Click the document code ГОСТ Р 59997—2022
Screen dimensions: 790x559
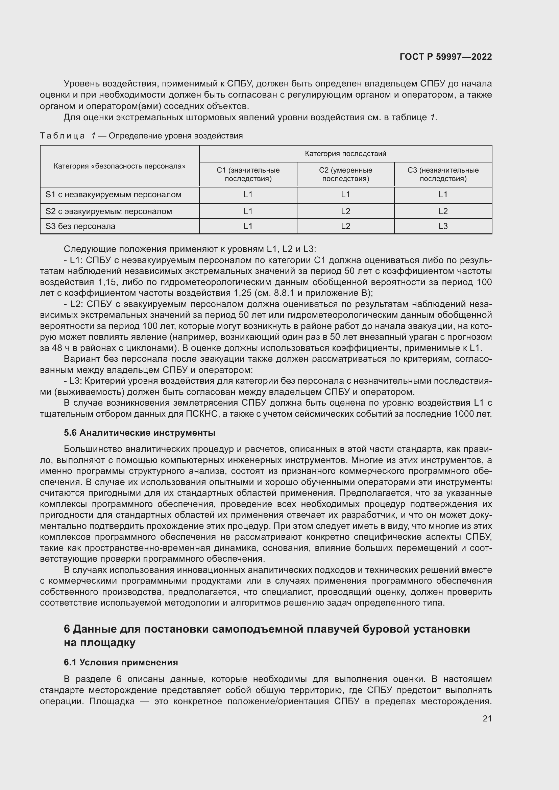445,57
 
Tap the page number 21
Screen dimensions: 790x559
487,718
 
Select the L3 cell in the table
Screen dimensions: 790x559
443,226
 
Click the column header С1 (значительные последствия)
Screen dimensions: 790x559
248,174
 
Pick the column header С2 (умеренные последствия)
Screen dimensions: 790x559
345,174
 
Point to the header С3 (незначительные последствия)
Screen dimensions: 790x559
443,174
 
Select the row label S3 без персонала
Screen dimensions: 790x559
80,226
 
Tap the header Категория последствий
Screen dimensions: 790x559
345,153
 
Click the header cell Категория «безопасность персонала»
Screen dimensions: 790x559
119,166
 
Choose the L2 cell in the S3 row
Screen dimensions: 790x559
345,226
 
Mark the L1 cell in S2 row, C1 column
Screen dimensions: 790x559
248,211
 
